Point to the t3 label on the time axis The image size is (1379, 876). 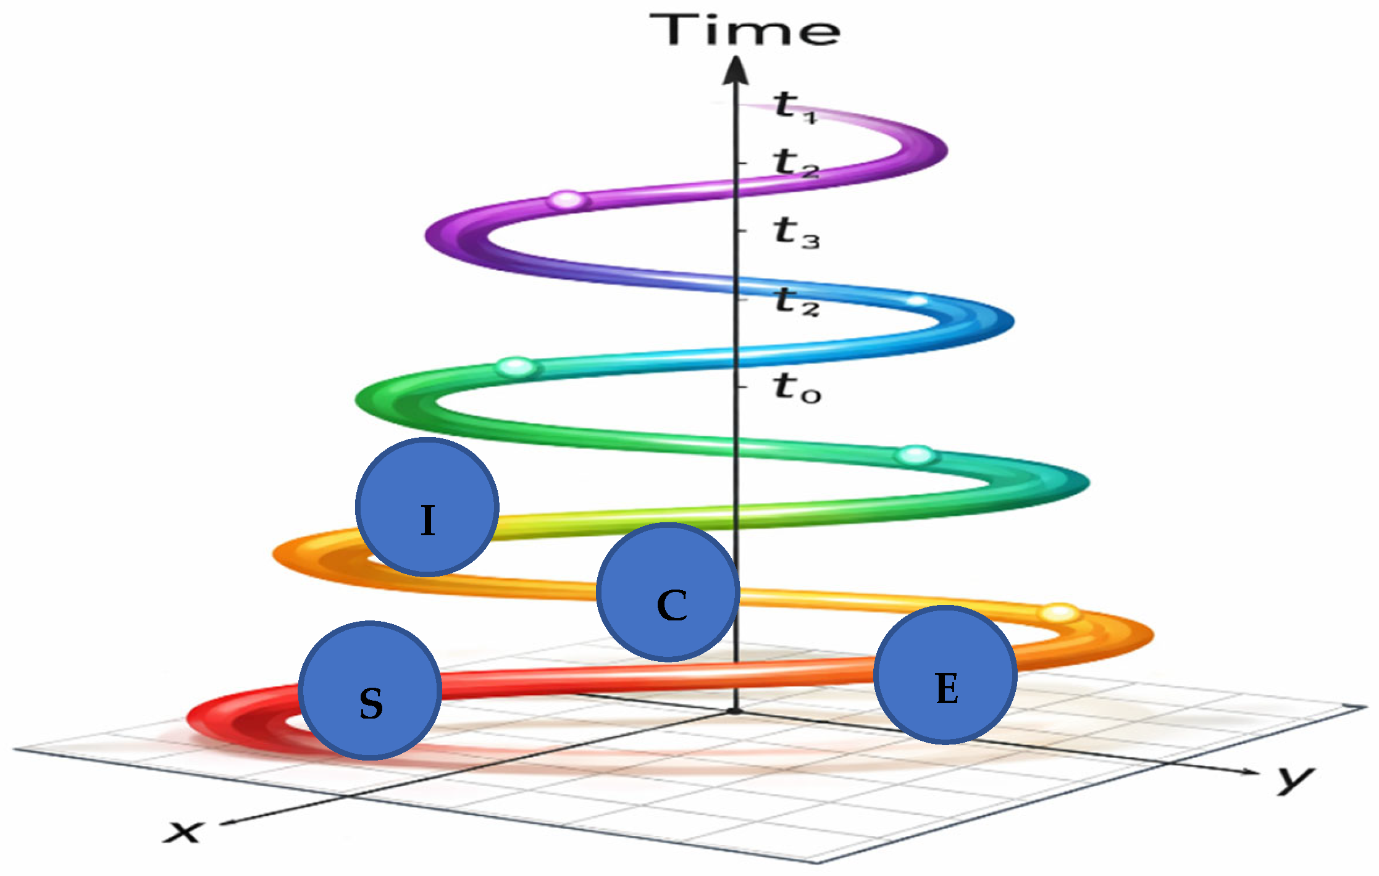(796, 233)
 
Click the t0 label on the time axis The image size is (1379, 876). (797, 388)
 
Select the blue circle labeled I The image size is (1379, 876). (427, 507)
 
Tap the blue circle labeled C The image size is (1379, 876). (668, 592)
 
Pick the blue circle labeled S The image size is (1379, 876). (370, 690)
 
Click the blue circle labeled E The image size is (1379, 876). (945, 675)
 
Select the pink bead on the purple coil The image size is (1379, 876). (567, 200)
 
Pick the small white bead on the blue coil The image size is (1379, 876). (918, 301)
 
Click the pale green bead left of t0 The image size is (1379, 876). (516, 367)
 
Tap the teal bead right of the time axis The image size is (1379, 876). (916, 456)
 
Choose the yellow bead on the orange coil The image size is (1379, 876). (1060, 613)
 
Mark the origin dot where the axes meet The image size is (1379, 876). (735, 711)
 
